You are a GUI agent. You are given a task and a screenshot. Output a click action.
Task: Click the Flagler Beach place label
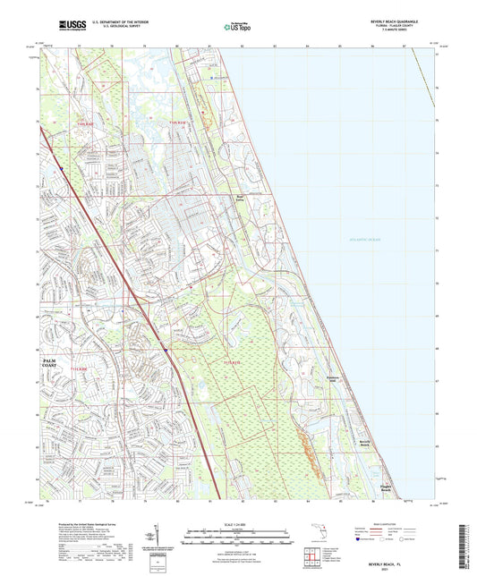coord(387,488)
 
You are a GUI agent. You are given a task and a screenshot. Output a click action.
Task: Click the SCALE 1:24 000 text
coord(238,523)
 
